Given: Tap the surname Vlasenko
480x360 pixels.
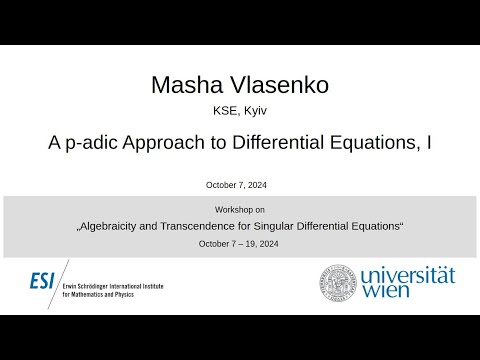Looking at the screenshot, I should (x=272, y=85).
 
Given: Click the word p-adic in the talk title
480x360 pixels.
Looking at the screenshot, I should (x=94, y=144).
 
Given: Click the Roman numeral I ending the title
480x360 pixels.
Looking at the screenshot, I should (x=429, y=143).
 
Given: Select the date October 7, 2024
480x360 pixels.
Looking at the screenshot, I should (x=239, y=185).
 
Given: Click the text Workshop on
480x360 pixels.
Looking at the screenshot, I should (x=239, y=210).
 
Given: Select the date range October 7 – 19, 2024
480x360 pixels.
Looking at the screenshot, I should (x=239, y=244).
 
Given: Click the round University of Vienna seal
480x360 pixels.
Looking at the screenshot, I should (x=338, y=283).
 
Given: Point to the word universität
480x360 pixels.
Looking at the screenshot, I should (x=408, y=275).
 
